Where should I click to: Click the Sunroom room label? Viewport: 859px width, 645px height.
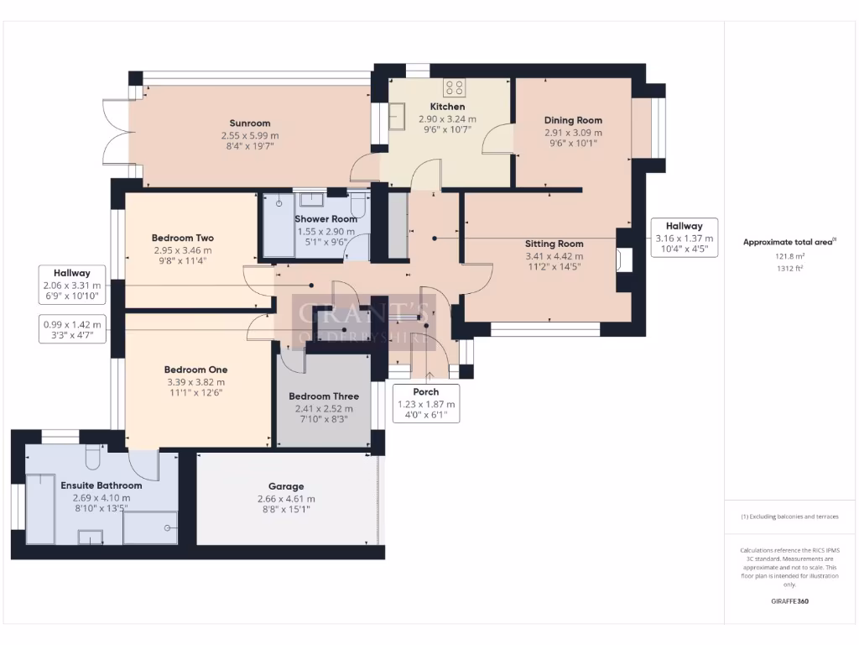click(x=250, y=123)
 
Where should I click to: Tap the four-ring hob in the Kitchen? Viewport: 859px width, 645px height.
click(x=454, y=87)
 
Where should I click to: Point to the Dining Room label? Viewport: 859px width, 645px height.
click(x=573, y=120)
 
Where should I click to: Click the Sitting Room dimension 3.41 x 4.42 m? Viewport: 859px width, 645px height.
click(x=554, y=256)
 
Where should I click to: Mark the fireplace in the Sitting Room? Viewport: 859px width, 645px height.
click(x=624, y=260)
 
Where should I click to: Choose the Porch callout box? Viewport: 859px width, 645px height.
click(x=426, y=403)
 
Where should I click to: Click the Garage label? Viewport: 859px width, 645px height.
click(x=286, y=486)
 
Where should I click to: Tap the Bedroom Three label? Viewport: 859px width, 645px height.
click(x=324, y=396)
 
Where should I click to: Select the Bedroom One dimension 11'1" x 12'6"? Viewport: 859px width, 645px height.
click(x=195, y=393)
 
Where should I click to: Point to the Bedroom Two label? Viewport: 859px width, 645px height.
click(x=182, y=238)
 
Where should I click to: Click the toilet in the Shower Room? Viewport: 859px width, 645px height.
click(x=359, y=203)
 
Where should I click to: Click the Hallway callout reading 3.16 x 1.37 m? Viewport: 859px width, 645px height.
click(x=685, y=238)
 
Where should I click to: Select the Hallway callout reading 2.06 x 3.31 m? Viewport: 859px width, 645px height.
click(x=72, y=285)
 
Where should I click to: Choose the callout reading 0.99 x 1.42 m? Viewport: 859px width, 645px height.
click(x=72, y=329)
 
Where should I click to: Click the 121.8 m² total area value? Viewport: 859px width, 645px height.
click(x=789, y=256)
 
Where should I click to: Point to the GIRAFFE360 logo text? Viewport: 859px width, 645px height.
click(x=789, y=601)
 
